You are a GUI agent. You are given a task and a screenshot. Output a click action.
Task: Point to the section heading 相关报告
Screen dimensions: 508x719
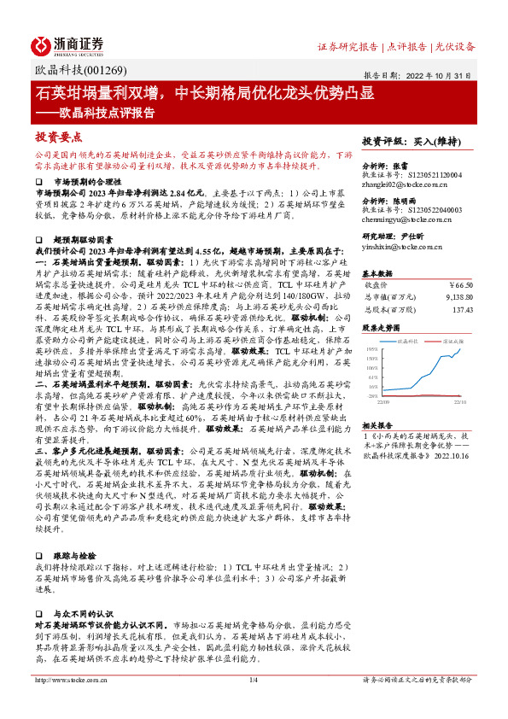pos(377,424)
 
